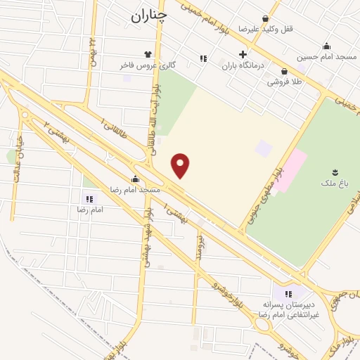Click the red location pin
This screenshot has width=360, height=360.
181,166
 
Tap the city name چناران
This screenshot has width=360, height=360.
149,15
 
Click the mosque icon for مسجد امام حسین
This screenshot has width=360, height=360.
326,46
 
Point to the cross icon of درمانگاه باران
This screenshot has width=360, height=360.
243,55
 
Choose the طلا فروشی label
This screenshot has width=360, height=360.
283,82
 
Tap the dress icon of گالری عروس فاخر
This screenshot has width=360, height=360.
147,53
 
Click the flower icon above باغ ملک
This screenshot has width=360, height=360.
334,172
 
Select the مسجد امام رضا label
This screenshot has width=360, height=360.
134,190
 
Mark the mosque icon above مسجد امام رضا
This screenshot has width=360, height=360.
134,179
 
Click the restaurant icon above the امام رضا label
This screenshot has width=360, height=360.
89,200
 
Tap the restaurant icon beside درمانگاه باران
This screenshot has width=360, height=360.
204,58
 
